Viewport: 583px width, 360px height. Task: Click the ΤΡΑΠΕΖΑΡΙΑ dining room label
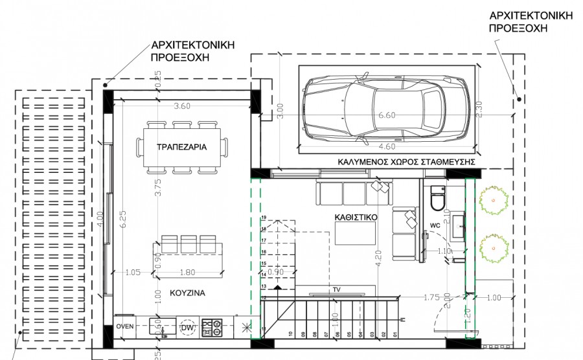click(x=181, y=147)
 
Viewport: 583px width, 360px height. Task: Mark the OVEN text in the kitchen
click(x=125, y=326)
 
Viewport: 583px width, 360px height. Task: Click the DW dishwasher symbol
click(x=188, y=328)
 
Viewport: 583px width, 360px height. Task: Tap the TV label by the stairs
click(x=336, y=289)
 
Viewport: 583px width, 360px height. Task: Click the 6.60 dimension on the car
click(x=387, y=115)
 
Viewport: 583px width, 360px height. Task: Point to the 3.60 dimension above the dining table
click(x=182, y=106)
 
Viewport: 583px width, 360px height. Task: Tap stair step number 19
click(x=264, y=218)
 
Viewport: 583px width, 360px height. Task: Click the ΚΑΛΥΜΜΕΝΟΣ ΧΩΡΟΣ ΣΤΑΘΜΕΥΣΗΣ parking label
click(x=407, y=161)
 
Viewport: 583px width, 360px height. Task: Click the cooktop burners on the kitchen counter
click(x=212, y=327)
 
